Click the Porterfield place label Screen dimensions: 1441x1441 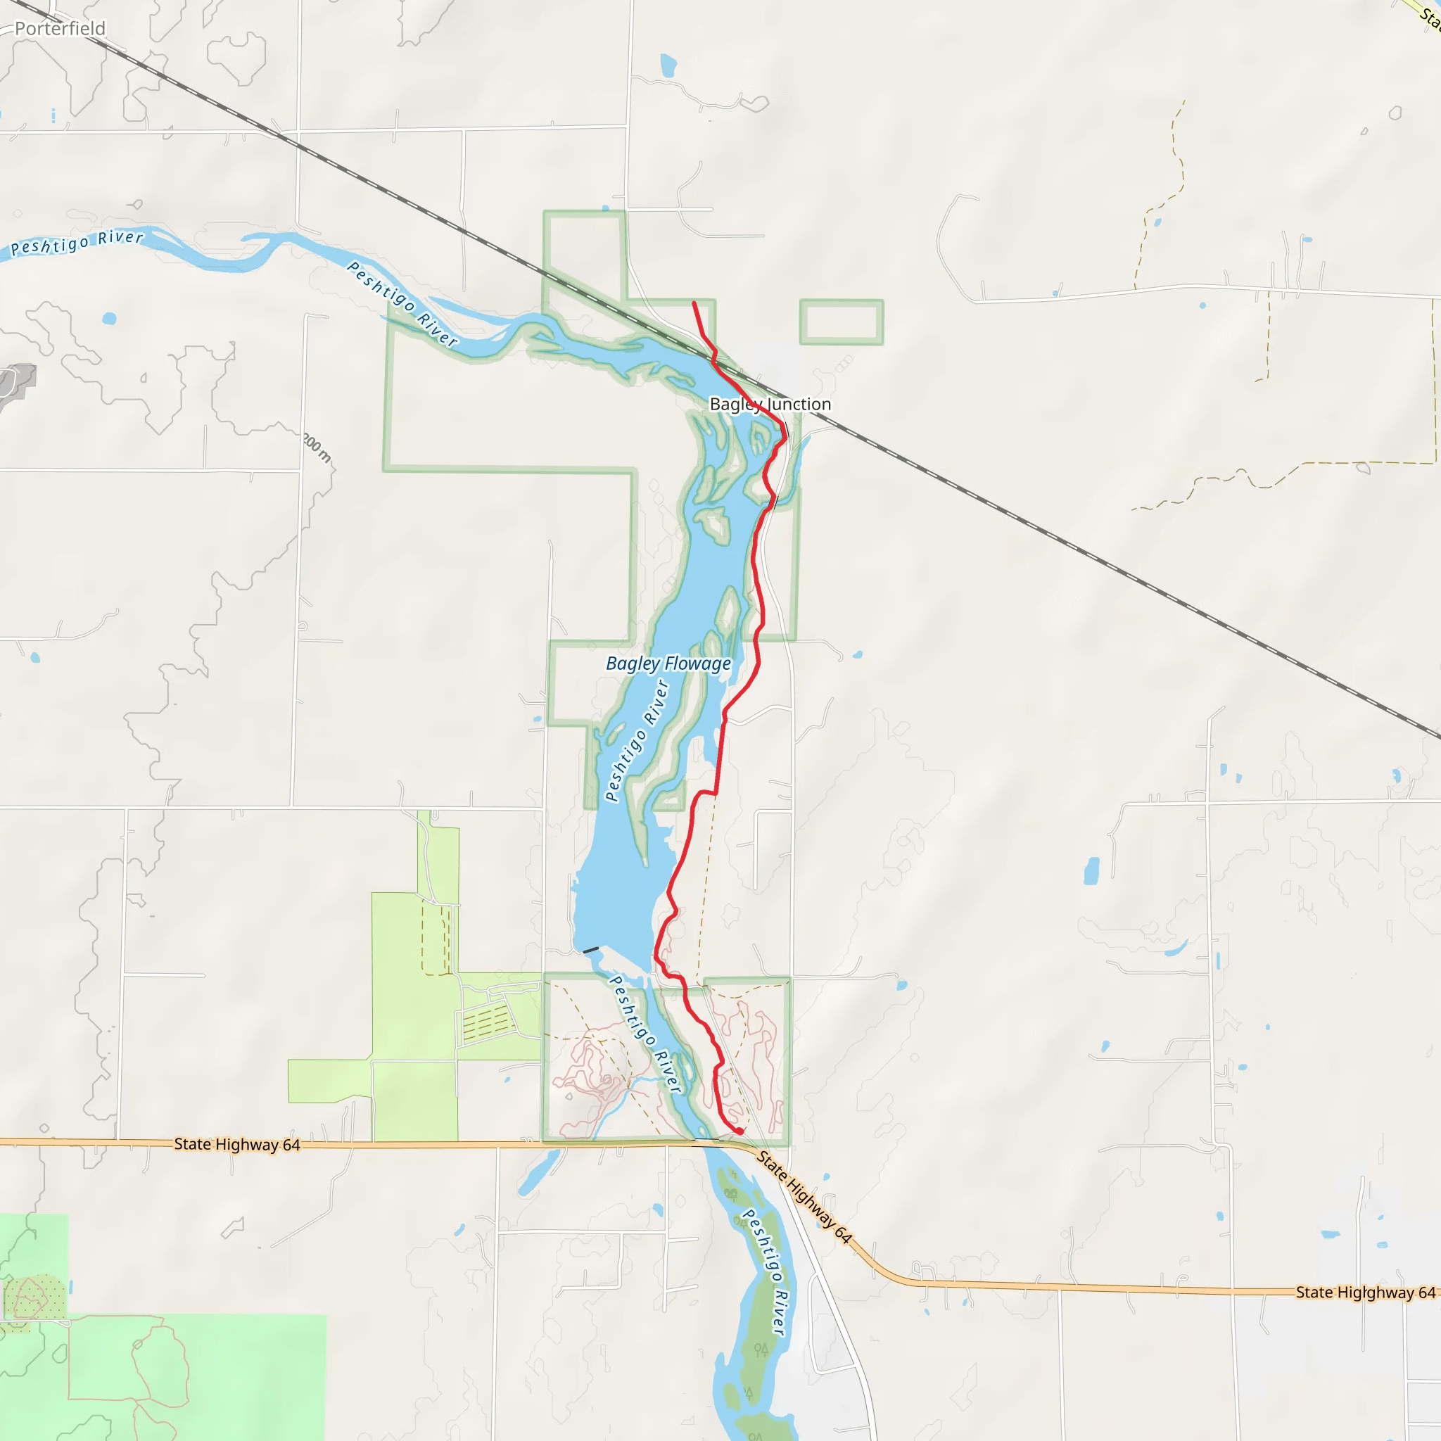(60, 28)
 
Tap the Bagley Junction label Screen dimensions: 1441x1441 (770, 405)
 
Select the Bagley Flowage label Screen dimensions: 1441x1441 (668, 663)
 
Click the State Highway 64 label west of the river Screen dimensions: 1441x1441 (237, 1144)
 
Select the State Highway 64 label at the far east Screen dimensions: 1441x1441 (1365, 1293)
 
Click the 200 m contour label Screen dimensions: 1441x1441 (318, 447)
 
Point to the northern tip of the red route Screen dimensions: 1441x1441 (694, 303)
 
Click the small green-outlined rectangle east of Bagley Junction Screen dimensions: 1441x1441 (842, 322)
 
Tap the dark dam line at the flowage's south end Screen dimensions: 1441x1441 (591, 950)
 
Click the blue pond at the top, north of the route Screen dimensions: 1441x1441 (668, 65)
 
